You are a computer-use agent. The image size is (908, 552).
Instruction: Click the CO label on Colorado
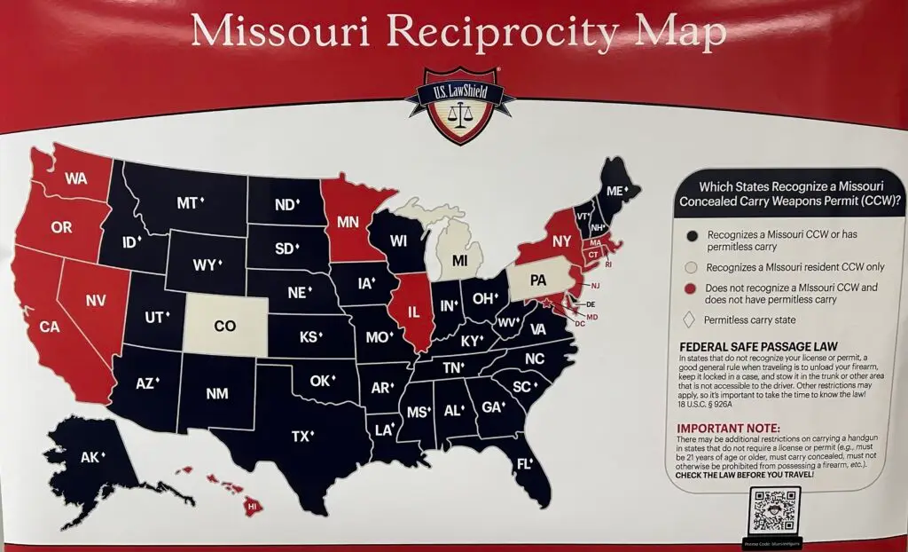tap(225, 326)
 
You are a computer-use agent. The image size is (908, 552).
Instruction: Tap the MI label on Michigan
tap(459, 261)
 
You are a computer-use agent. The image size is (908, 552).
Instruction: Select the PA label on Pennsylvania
tap(537, 280)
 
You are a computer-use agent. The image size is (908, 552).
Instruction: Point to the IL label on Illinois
tap(413, 312)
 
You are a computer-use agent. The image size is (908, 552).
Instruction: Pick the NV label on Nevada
tap(96, 300)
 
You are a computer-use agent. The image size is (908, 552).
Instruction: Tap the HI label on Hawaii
tap(252, 506)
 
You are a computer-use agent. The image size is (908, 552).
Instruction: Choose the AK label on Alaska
tap(90, 458)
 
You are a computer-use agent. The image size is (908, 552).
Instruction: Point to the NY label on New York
tap(561, 241)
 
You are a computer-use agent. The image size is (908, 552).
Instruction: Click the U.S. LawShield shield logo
tap(458, 107)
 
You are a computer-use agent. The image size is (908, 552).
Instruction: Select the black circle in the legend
tap(689, 234)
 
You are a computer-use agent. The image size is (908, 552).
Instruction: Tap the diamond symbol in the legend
tap(689, 319)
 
